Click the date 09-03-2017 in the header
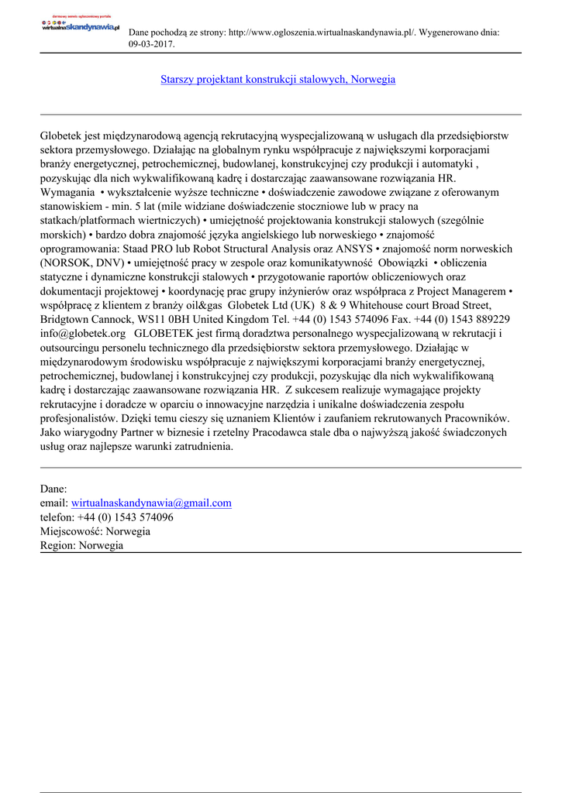150,44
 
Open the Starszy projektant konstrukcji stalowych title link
278,80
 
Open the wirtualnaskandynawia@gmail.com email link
151,503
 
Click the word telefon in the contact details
57,517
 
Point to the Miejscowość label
71,530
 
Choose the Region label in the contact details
57,544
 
